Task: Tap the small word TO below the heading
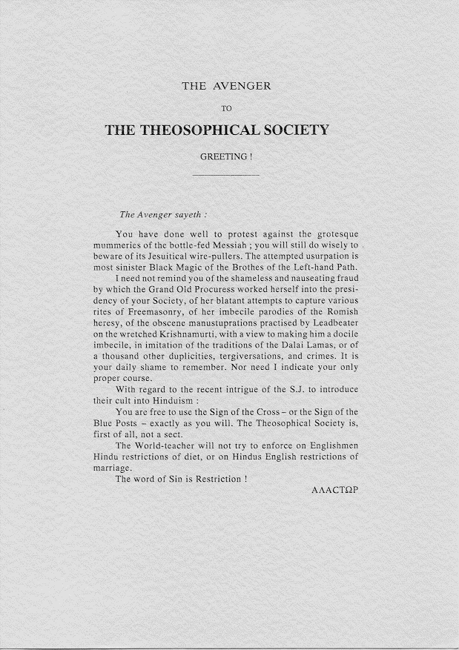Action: pyautogui.click(x=227, y=108)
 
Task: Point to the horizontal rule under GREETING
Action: pyautogui.click(x=225, y=175)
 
